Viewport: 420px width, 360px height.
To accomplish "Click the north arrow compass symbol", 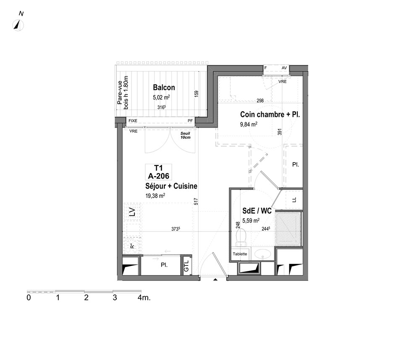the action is point(18,26).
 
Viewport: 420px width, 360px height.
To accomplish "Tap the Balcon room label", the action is point(164,87).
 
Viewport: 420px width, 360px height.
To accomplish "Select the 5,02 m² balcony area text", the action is point(161,97).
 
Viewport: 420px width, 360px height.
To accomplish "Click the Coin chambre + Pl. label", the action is point(270,115).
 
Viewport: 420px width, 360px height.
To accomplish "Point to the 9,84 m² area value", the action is point(249,124).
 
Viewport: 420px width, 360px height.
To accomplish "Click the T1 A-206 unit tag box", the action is point(158,172).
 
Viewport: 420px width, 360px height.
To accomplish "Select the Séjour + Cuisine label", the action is point(171,186).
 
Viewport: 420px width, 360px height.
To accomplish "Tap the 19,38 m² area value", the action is point(155,195).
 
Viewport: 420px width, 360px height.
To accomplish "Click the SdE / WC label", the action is point(257,211).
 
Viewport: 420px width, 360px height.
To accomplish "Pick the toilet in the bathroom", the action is point(241,237).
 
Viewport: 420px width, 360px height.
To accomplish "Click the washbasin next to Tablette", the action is point(262,254).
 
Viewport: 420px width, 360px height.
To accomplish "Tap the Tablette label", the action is point(240,254).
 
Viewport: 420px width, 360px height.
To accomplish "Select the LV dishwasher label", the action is point(132,212).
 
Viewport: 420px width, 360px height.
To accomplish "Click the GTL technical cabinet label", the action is point(186,266).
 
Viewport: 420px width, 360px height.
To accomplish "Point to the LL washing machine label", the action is point(294,200).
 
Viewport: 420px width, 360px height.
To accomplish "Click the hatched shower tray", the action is point(288,229).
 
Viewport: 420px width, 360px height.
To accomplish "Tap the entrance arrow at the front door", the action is point(215,280).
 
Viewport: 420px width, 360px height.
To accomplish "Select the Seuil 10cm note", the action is point(185,135).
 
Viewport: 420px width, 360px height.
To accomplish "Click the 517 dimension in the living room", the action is point(196,202).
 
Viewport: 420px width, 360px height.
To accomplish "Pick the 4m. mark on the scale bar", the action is point(144,297).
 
